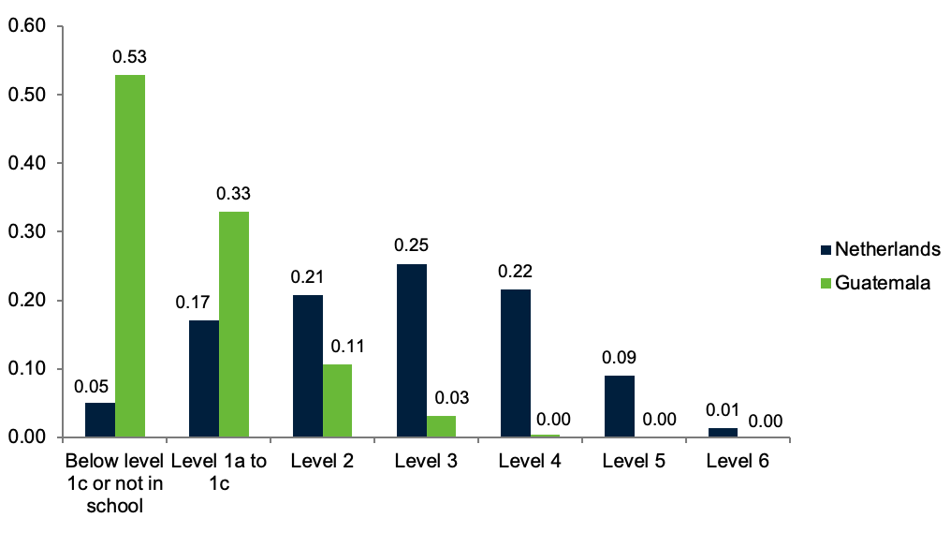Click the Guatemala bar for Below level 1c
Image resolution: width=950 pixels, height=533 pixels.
point(130,256)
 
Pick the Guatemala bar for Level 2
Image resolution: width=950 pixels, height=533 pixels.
point(337,400)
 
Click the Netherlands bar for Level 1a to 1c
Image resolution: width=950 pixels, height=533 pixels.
point(204,378)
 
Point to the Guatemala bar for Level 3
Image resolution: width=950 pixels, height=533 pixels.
point(441,426)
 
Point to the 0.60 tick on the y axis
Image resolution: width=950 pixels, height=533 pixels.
point(27,26)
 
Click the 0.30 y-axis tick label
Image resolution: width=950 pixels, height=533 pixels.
point(27,231)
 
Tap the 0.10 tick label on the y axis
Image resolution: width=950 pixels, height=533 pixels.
point(27,369)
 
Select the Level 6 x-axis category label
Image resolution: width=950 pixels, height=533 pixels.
point(738,461)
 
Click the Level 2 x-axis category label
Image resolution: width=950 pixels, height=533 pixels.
point(322,461)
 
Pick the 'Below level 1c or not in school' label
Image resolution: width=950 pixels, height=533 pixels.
point(114,483)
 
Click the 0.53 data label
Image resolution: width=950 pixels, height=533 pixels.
point(129,57)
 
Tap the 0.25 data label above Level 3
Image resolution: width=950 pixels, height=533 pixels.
point(411,246)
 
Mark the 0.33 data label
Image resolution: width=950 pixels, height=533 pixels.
point(233,194)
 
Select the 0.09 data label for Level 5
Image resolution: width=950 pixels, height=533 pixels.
point(619,358)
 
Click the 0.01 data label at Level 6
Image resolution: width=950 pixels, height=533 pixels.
point(723,410)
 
